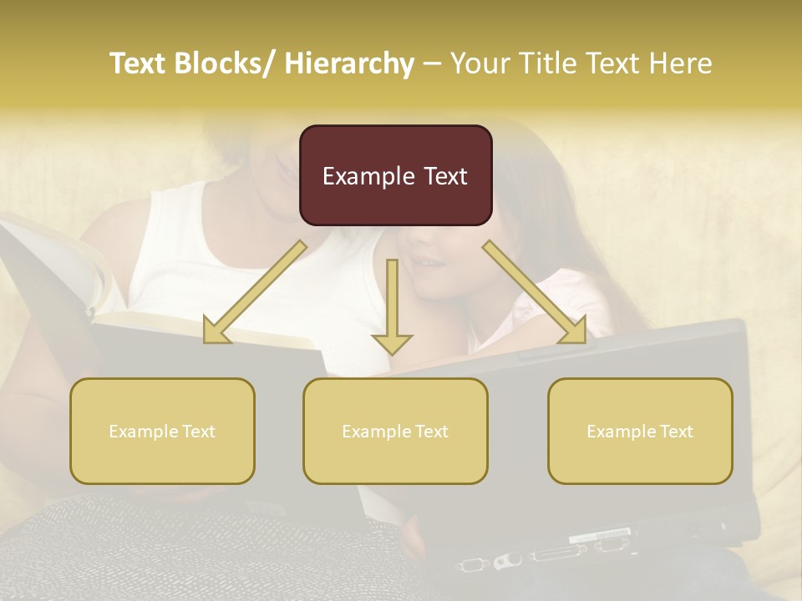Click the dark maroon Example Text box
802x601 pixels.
point(395,175)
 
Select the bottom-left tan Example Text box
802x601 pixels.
point(162,431)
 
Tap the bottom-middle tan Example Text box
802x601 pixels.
point(395,431)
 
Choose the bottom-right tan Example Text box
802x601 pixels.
point(640,431)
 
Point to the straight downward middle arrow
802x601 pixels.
point(392,309)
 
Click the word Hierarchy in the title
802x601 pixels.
point(349,63)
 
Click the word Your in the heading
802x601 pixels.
point(479,63)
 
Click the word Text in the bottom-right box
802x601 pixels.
point(676,431)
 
